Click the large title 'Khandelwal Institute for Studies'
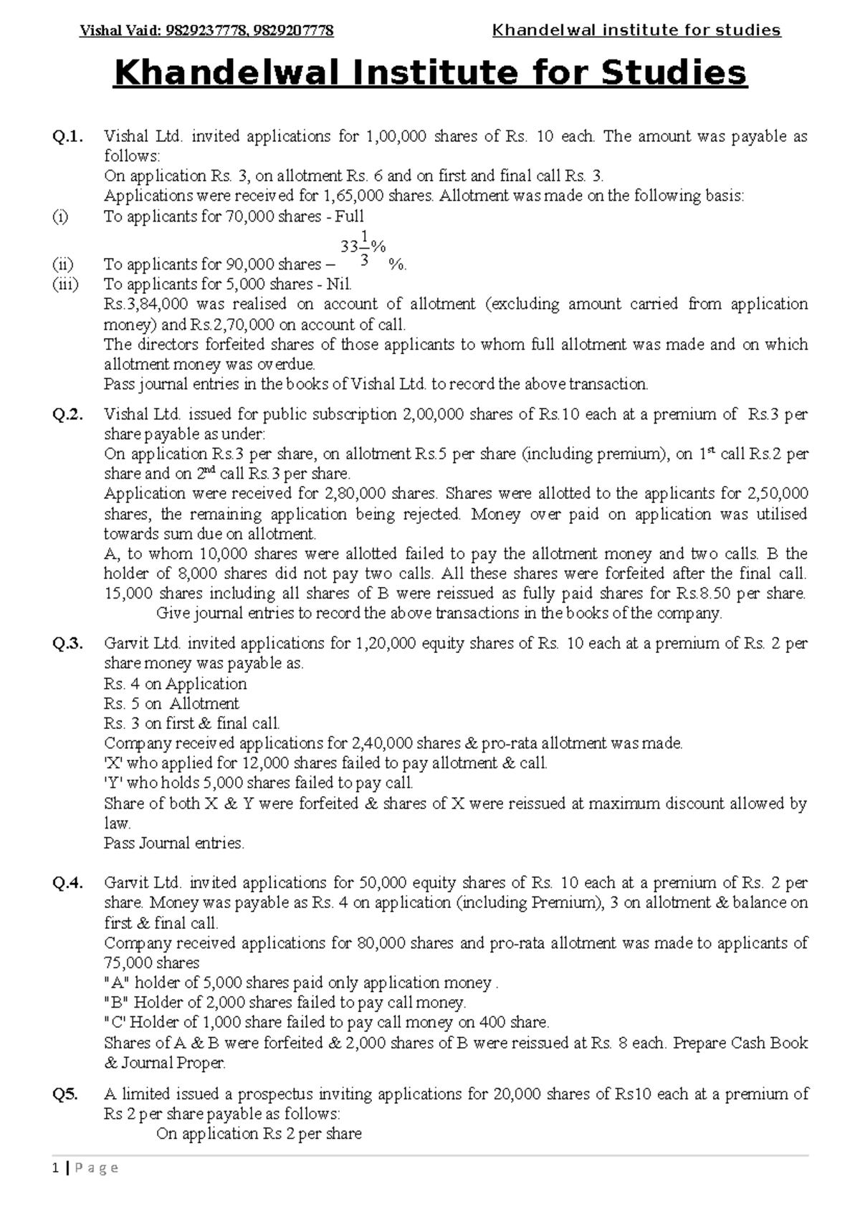point(430,73)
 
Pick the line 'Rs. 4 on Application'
point(175,684)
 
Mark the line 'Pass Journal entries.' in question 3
point(174,843)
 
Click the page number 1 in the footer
point(54,1168)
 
